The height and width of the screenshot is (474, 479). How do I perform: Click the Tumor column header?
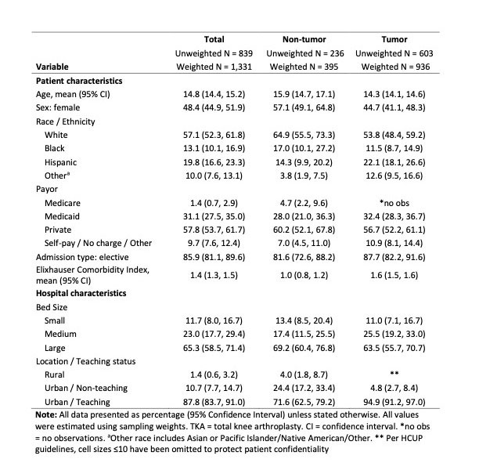click(x=394, y=39)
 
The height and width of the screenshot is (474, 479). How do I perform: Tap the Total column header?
click(x=214, y=39)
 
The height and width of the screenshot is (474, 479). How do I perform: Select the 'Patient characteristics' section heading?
click(x=79, y=81)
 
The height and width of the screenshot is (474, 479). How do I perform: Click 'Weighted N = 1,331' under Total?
click(x=214, y=67)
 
